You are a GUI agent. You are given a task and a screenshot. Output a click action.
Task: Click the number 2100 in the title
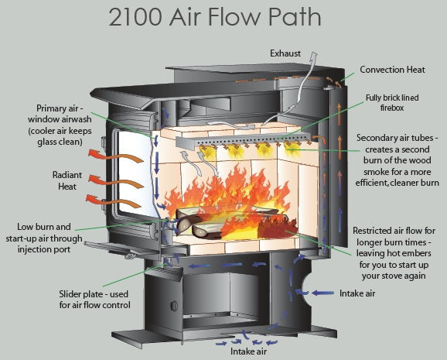pos(135,17)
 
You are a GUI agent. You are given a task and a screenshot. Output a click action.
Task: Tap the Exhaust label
pos(285,53)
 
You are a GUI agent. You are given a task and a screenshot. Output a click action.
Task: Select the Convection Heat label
pos(392,70)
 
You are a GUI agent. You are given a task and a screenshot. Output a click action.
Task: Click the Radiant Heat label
pos(67,180)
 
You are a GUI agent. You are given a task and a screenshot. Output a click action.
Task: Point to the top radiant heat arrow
pos(115,156)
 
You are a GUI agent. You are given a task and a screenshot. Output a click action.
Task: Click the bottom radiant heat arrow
pos(114,201)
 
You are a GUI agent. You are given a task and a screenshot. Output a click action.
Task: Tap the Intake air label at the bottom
pos(248,351)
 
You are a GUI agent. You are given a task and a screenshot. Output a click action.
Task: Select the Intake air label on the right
pos(357,293)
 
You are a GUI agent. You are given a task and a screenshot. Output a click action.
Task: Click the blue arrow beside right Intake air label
pos(322,293)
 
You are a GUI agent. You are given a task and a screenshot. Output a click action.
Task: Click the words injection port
pos(44,249)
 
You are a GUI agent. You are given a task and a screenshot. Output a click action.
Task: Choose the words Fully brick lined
pos(392,98)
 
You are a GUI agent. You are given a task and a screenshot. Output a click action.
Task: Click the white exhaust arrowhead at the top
pos(313,56)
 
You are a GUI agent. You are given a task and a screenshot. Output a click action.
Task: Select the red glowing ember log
pos(278,226)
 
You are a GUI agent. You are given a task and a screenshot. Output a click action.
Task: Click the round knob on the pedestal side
pos(173,306)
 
